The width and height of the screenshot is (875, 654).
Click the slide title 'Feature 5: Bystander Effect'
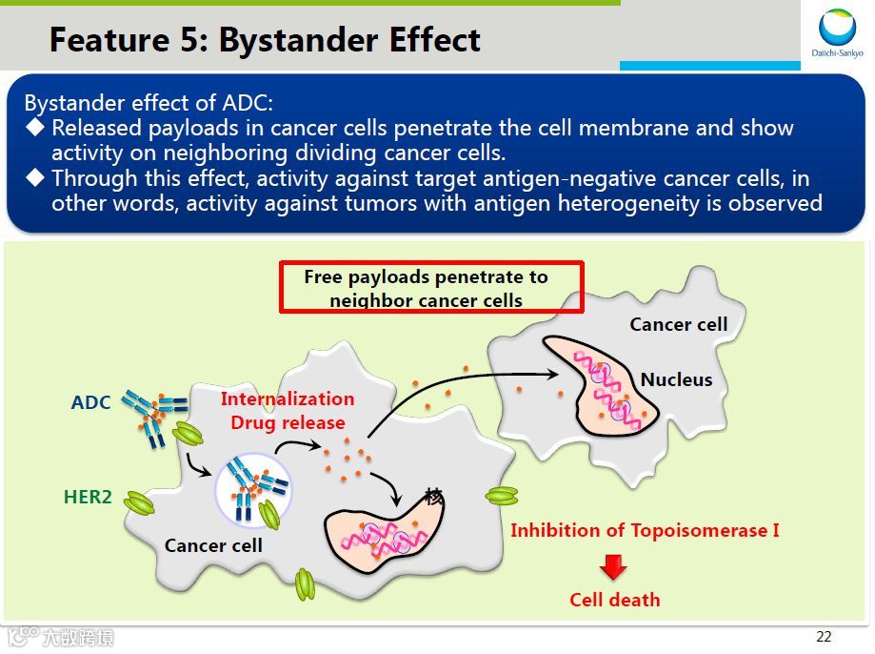[265, 40]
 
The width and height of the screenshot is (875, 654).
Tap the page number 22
[824, 637]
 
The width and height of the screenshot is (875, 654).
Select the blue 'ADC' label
[91, 402]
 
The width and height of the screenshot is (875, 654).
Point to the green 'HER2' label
[88, 497]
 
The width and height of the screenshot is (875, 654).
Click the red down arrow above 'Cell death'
[613, 568]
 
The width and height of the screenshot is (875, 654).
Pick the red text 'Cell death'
[614, 600]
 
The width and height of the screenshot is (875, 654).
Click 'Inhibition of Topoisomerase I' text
[645, 530]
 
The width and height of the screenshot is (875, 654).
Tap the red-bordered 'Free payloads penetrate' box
[430, 288]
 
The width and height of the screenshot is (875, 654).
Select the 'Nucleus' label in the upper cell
[676, 379]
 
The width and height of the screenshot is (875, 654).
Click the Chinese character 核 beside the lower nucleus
[434, 496]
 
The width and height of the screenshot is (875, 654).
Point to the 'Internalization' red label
[288, 399]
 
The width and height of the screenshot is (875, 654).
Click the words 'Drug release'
[288, 421]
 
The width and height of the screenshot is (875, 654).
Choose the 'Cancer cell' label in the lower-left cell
[213, 545]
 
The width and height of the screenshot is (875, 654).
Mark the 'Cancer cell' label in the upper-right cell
[678, 324]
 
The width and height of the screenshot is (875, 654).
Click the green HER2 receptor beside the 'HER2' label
[139, 502]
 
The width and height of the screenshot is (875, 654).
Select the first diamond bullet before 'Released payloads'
[35, 127]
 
